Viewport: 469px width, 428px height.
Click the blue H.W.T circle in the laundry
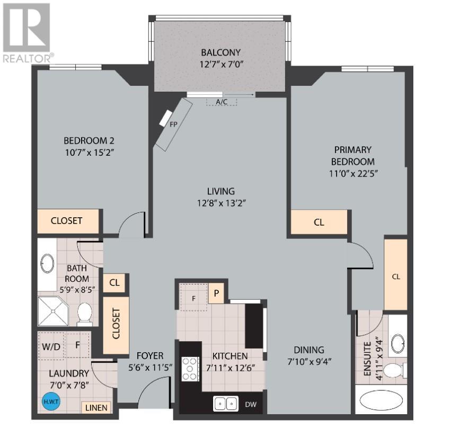point(51,401)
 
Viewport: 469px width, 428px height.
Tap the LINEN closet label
point(96,408)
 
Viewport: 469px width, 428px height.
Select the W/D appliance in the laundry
point(51,346)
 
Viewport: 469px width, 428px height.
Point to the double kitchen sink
point(226,404)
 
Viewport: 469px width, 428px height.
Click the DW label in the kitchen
point(251,404)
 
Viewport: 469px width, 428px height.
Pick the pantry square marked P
point(216,293)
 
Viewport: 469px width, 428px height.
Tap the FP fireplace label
point(173,124)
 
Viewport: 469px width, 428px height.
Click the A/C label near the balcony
point(222,102)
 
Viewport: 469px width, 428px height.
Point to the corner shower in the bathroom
point(53,311)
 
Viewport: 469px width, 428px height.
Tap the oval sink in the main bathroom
point(47,263)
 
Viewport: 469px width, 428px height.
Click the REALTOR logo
point(27,33)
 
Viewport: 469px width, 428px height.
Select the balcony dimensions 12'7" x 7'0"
point(222,64)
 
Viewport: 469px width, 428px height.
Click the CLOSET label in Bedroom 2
point(66,221)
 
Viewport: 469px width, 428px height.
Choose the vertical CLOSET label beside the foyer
point(116,324)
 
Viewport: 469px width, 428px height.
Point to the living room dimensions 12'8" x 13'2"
point(222,203)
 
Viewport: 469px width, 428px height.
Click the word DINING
point(309,350)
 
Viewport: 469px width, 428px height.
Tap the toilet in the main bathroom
point(85,314)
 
